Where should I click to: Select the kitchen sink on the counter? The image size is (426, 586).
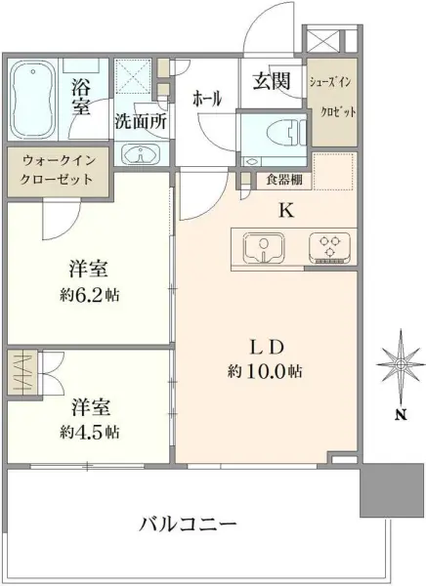pos(262,246)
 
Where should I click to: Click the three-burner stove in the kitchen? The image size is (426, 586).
pos(328,246)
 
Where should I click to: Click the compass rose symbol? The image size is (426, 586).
pos(401,366)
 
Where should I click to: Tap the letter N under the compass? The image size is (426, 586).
pos(401,414)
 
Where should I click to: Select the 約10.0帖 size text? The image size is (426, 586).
pos(267,371)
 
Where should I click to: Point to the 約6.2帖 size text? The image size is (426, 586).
pos(87,294)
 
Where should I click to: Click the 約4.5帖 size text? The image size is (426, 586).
pos(87,431)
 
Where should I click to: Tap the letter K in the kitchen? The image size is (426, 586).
pos(286,207)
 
